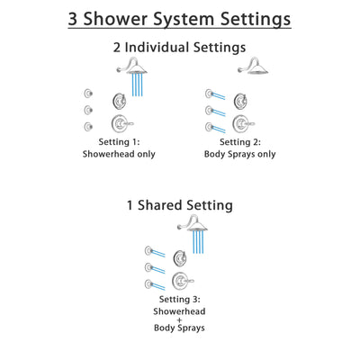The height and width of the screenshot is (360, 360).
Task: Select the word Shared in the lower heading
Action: (x=179, y=205)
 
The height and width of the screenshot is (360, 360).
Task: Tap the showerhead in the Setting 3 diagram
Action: (x=194, y=226)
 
